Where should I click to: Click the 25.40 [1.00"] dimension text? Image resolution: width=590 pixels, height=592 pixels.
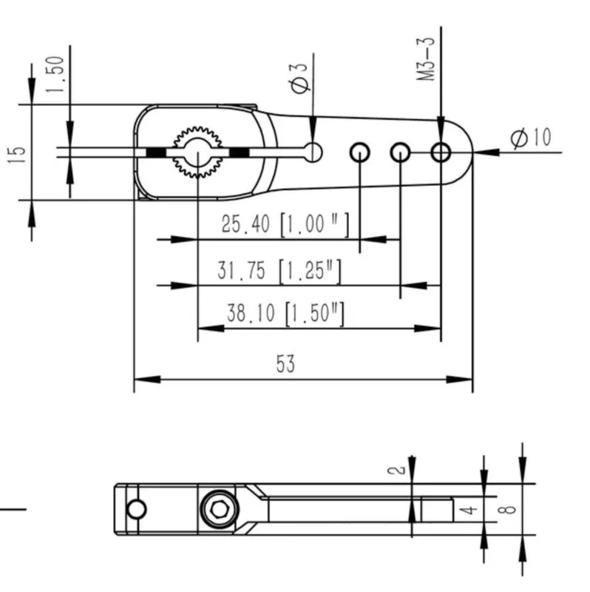285,224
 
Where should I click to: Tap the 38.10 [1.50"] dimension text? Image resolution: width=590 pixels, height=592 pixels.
285,314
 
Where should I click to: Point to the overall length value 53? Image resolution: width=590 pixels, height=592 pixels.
285,363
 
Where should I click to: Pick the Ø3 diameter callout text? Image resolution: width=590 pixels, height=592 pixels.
300,78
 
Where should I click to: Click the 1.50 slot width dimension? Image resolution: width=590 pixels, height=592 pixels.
56,70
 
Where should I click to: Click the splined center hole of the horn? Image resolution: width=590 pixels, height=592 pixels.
197,152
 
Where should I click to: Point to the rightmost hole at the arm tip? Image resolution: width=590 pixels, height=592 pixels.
441,152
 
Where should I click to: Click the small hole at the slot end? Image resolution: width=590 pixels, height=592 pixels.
313,152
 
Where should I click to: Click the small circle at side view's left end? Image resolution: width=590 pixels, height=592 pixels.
136,509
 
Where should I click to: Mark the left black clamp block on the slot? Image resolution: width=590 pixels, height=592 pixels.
155,152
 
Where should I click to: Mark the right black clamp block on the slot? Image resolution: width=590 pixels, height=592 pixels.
239,152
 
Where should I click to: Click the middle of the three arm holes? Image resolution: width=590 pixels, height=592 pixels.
400,152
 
